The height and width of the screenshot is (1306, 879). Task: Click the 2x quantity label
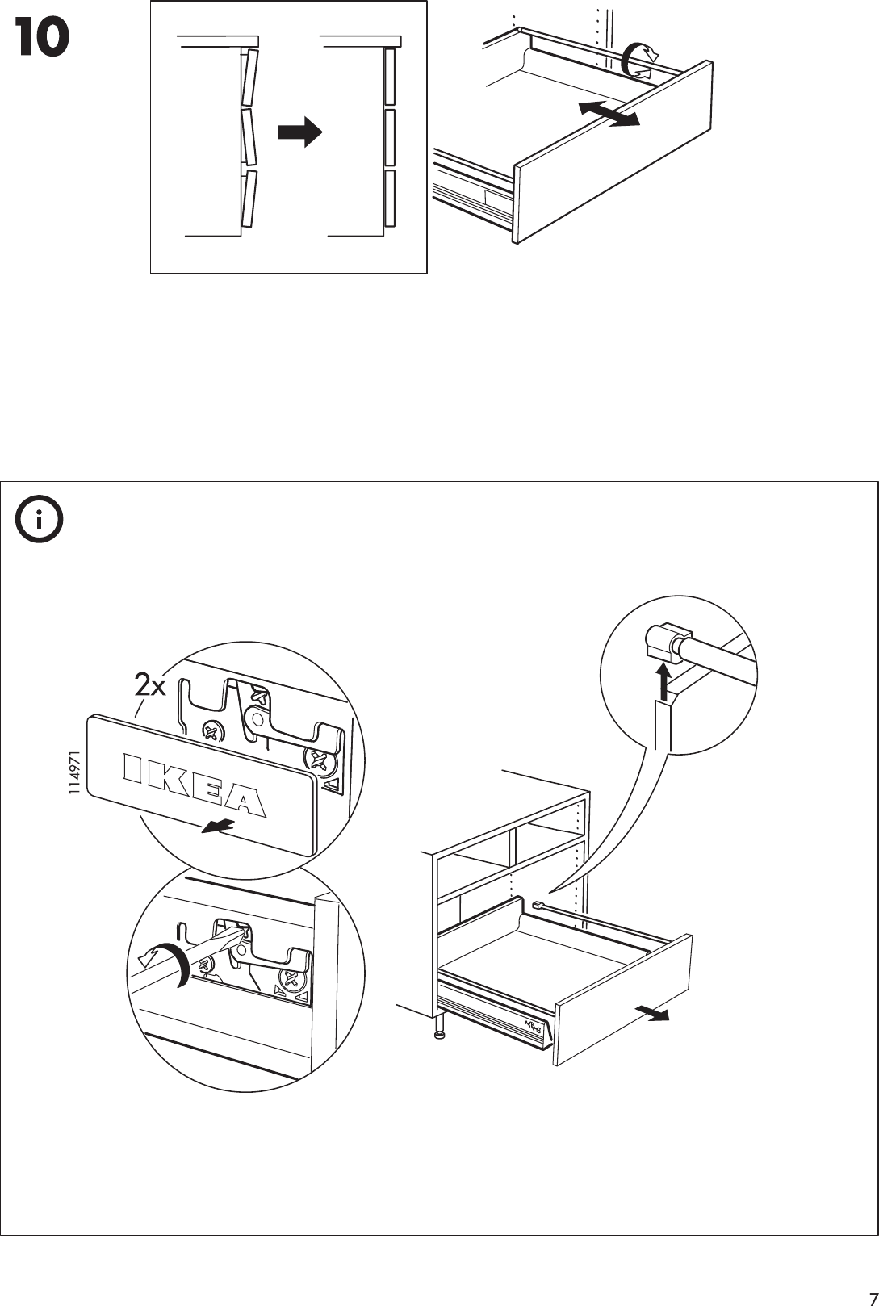tap(149, 687)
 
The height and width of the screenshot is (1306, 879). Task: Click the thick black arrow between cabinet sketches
tap(299, 133)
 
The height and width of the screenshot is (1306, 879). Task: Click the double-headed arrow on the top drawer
tap(609, 114)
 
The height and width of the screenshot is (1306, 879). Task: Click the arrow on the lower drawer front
tap(651, 1013)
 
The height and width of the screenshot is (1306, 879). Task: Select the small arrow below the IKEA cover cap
tap(218, 827)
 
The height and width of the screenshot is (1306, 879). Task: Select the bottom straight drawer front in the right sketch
tap(389, 198)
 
